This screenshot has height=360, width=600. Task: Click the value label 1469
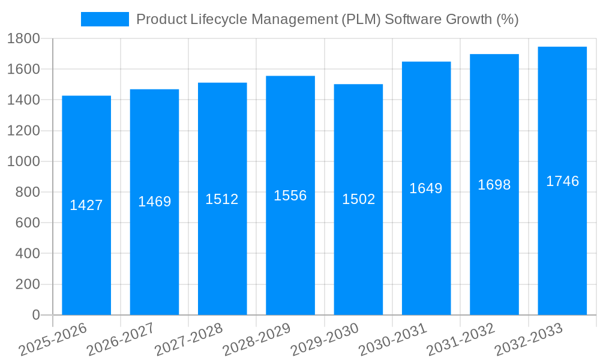tap(155, 202)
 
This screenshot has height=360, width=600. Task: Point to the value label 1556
tap(290, 196)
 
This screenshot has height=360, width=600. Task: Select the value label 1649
tap(426, 188)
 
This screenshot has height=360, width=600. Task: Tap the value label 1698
tap(494, 185)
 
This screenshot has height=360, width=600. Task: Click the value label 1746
tap(562, 181)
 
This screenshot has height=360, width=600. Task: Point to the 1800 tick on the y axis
tap(23, 39)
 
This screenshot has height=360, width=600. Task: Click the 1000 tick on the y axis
tap(23, 161)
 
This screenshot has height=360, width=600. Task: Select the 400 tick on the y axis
tap(26, 254)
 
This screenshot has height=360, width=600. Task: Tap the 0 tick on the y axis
tap(36, 315)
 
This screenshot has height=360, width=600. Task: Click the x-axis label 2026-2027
tap(120, 340)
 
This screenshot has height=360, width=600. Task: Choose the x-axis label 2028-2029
tap(256, 340)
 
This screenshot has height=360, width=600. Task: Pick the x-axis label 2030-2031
tap(392, 340)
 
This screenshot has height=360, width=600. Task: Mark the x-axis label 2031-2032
tap(460, 340)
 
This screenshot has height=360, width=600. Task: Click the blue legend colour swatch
tap(105, 19)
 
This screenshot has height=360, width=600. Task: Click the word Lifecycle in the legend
tap(219, 19)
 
